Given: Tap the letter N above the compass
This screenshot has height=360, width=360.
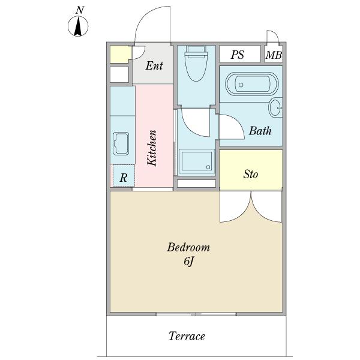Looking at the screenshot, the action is pos(80,10).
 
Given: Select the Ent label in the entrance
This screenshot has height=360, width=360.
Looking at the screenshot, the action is pos(154,65).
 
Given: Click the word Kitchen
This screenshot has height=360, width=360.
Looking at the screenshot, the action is pos(152,148).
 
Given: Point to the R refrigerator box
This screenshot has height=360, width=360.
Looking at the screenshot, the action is pos(124,176).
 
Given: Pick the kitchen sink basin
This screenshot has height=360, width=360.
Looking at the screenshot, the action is pos(121,143).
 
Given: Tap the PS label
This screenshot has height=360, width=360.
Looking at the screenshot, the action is pos(238,55).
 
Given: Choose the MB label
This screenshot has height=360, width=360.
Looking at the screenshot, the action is pos(274,55).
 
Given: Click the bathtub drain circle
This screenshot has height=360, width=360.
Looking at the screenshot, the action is pos(241,85).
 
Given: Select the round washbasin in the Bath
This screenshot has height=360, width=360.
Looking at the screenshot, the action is pos(275,107).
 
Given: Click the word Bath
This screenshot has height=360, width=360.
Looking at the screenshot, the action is pos(260,131).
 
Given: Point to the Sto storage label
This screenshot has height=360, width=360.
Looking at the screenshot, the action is pos(250,174).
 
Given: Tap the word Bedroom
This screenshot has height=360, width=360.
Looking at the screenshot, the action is pos(188,247).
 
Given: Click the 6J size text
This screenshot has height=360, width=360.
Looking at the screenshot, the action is pos(189,261).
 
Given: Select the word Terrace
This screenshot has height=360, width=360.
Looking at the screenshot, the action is pos(187,336).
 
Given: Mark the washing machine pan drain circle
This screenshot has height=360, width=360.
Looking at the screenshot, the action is pos(208,167).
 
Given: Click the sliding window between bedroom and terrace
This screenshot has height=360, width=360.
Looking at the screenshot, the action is pos(196,314).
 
